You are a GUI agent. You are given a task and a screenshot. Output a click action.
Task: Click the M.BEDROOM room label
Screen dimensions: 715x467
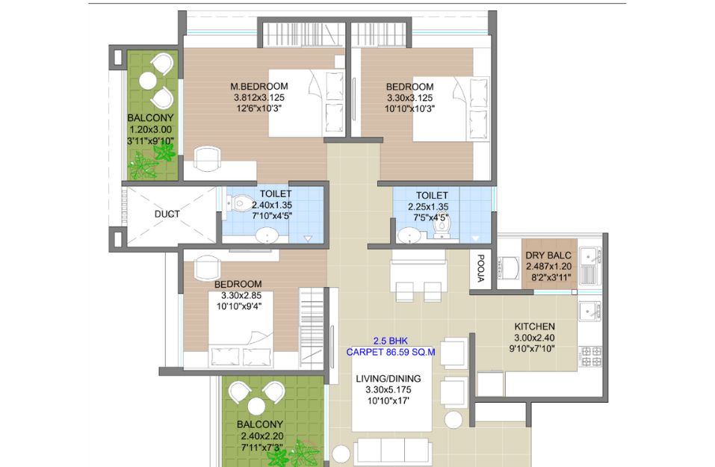[x=259, y=86]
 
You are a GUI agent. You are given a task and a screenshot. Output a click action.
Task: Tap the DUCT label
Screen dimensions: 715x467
[x=167, y=214]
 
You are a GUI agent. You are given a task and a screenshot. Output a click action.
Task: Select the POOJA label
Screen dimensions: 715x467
[x=480, y=268]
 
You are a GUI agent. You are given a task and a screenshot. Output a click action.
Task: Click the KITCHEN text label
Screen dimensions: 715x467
[x=534, y=327]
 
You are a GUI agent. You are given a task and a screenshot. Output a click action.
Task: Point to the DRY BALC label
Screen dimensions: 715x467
[x=548, y=256]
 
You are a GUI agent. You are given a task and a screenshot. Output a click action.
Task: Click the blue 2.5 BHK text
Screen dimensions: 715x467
[x=390, y=341]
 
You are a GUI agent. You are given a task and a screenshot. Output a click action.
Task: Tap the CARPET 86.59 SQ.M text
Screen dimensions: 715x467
[x=390, y=352]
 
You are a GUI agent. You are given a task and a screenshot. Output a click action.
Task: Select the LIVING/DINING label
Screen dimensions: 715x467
[x=388, y=379]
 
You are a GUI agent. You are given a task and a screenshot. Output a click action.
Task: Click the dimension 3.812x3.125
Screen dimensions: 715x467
[x=259, y=98]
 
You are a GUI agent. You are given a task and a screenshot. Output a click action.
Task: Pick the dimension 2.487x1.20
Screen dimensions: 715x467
[x=548, y=267]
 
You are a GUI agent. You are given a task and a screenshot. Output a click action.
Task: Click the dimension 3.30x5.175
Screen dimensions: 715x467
[x=388, y=390]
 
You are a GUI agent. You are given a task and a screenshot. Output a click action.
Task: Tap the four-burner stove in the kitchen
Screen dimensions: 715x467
[x=590, y=356]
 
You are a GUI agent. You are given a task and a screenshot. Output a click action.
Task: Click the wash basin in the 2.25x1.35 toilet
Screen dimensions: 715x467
[x=409, y=236]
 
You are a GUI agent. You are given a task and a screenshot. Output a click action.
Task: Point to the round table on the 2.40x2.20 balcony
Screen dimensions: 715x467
[x=256, y=406]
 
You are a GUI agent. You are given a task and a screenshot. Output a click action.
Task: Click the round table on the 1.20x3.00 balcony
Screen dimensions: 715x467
[x=148, y=81]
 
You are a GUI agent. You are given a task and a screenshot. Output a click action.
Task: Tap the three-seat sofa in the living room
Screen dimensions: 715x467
[x=392, y=451]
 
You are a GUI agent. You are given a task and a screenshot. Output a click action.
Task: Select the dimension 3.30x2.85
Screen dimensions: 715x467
[x=241, y=295]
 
